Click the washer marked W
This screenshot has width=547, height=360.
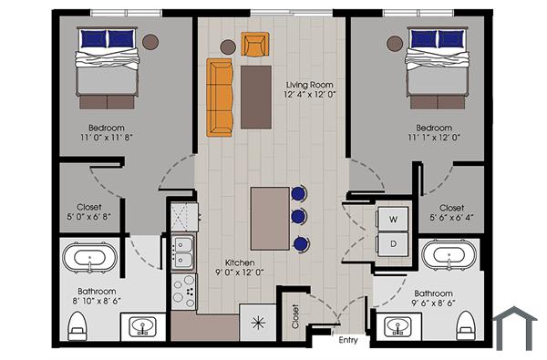pos(394,220)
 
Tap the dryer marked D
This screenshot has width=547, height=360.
pos(394,244)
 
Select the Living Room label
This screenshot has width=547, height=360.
pos(305,83)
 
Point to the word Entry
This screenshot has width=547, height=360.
pos(348,341)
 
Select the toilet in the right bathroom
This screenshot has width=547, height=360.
pos(467,324)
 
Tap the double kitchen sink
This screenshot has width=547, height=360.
pos(182,247)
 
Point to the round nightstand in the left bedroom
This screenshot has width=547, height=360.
pos(150,40)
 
